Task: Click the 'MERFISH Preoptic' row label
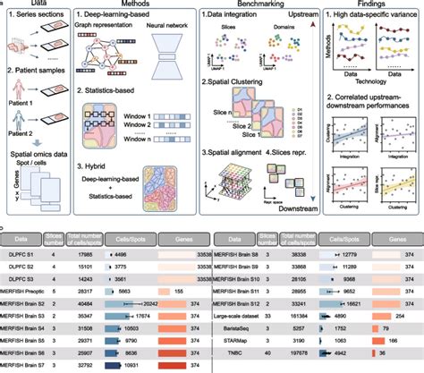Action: click(24, 291)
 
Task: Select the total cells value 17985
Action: click(87, 253)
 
